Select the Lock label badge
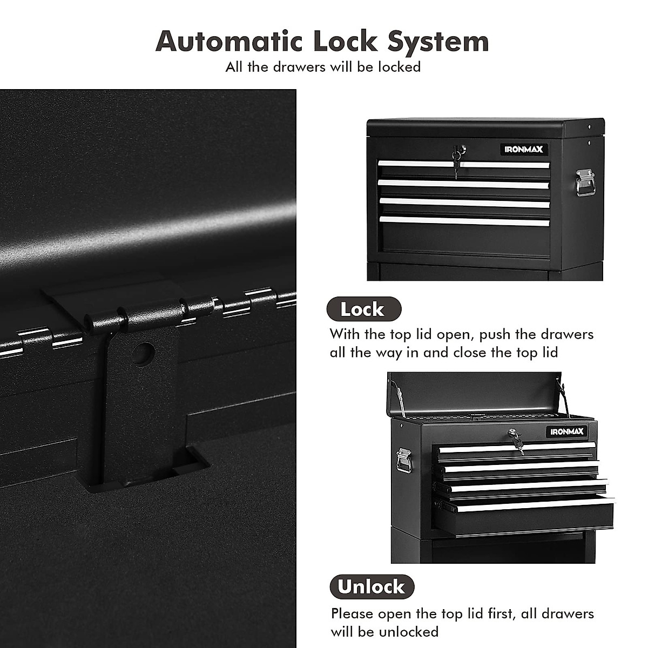(363, 309)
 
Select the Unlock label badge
(372, 586)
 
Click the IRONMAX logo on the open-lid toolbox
(568, 431)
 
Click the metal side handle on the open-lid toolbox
(403, 460)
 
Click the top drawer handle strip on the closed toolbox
(463, 164)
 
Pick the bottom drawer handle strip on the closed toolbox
(464, 220)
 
